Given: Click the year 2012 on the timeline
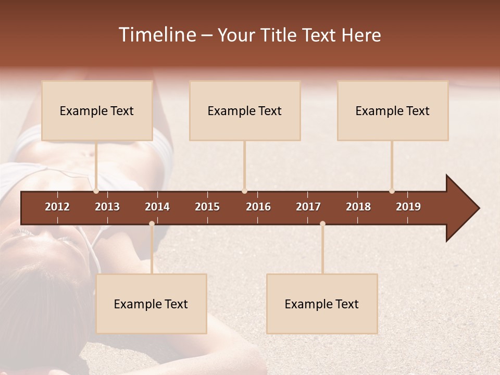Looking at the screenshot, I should (57, 207).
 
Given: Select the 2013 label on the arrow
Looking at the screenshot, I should (107, 207).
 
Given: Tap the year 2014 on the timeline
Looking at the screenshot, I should (157, 207).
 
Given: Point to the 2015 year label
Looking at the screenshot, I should (207, 207).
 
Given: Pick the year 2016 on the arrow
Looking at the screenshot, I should (258, 207).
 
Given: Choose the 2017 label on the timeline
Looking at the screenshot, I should (308, 207).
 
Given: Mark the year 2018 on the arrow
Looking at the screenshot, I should (358, 207).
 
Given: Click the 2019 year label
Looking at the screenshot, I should (408, 207).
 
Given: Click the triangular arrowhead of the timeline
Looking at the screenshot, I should (461, 208).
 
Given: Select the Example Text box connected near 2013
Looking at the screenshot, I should (97, 110).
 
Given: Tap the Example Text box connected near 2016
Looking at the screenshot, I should (245, 110).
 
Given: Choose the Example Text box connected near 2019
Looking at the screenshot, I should (393, 110).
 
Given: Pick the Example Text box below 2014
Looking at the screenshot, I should (151, 304).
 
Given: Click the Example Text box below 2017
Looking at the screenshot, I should (322, 304).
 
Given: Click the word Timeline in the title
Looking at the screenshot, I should (157, 35).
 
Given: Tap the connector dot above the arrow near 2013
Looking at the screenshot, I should (96, 191).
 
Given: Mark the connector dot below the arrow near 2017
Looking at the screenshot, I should (322, 223).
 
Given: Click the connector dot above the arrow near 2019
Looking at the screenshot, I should (392, 191).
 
